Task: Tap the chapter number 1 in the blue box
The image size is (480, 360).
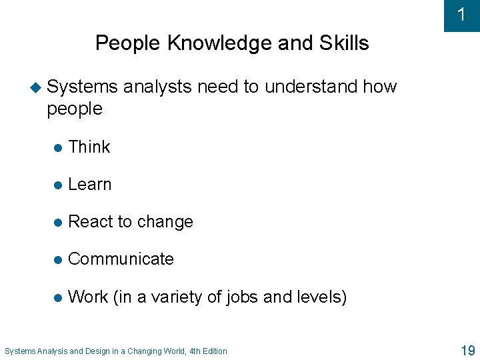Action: click(461, 15)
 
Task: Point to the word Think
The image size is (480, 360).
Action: click(89, 147)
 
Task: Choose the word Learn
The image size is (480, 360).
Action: click(90, 185)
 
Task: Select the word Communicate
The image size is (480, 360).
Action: click(121, 259)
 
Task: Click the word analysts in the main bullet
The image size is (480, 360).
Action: click(157, 87)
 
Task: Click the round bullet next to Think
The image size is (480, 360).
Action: click(59, 148)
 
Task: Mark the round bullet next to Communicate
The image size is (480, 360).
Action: click(59, 260)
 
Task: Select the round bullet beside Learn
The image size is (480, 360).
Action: click(59, 185)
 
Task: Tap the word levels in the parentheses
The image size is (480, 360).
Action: click(321, 297)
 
